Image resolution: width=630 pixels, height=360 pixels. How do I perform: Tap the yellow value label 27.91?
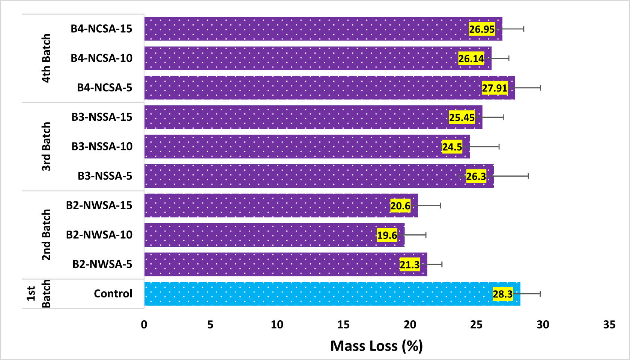[495, 88]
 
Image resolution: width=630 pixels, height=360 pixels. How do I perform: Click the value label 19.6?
[387, 235]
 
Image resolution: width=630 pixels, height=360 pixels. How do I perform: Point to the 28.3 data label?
[502, 294]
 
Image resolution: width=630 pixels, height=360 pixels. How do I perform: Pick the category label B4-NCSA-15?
[101, 29]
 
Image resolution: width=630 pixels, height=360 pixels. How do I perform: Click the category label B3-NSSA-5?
[105, 176]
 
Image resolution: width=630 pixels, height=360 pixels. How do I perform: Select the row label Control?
[113, 294]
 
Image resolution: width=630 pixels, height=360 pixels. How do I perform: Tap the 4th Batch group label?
[46, 58]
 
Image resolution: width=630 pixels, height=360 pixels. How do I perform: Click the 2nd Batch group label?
[46, 235]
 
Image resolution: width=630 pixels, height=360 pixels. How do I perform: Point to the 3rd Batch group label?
[46, 147]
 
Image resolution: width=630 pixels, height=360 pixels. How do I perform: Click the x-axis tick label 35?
[609, 325]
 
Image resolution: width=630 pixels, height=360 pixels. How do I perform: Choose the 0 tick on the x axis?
[144, 325]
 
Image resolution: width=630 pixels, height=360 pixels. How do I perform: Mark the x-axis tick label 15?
[343, 325]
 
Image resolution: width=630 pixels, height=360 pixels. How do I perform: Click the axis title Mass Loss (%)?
[376, 346]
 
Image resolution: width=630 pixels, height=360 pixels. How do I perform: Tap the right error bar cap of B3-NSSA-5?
[528, 176]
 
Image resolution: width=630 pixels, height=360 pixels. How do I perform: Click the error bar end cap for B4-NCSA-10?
[509, 58]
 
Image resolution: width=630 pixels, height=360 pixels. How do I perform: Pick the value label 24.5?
[452, 147]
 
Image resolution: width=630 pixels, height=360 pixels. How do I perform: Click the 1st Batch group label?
[38, 294]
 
